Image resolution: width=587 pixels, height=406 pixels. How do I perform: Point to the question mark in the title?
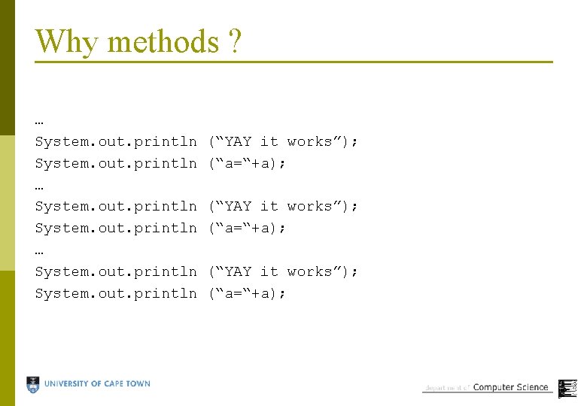tap(234, 41)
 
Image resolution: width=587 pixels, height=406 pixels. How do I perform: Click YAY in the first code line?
tap(239, 141)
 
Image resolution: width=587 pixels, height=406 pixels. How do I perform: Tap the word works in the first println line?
tap(309, 141)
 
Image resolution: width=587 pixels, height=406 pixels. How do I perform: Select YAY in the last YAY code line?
tap(239, 271)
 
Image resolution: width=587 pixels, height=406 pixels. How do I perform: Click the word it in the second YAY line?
tap(269, 206)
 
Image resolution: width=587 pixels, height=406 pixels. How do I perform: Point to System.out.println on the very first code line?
tap(116, 141)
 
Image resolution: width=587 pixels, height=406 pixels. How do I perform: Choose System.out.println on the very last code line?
tap(116, 293)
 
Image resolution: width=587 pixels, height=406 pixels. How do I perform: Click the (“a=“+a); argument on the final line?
tap(247, 293)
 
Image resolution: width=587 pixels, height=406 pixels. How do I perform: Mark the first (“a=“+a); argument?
tap(247, 163)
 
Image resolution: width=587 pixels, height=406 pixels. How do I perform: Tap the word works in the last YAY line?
tap(309, 271)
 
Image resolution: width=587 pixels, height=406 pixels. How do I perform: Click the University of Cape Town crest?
tap(33, 385)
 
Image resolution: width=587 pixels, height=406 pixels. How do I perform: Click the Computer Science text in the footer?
tap(510, 387)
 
